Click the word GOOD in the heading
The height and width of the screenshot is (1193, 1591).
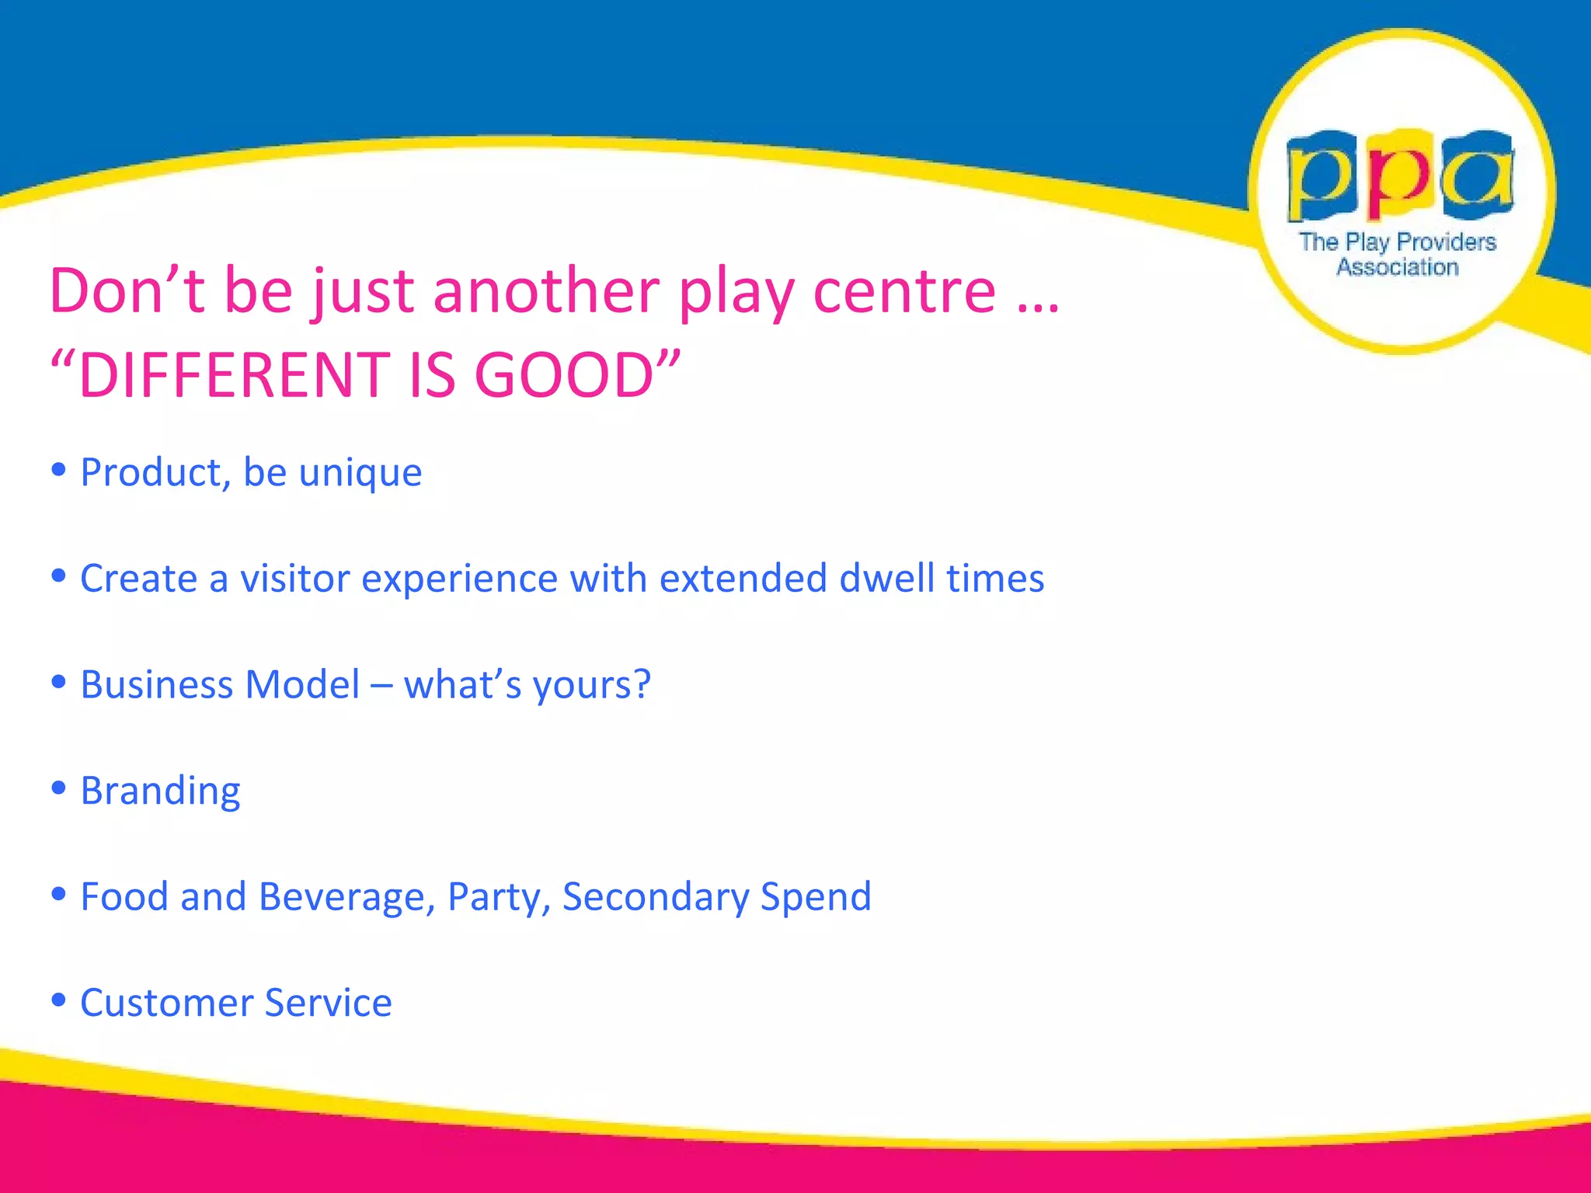pyautogui.click(x=565, y=375)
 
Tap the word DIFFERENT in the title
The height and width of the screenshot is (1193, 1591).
pyautogui.click(x=234, y=375)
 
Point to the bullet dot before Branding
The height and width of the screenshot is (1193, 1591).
pyautogui.click(x=58, y=788)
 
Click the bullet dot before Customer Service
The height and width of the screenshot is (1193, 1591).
pyautogui.click(x=58, y=1000)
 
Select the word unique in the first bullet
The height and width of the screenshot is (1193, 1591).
pyautogui.click(x=360, y=473)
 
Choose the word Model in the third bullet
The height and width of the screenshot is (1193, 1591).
pyautogui.click(x=302, y=685)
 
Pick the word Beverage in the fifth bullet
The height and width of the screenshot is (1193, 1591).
pyautogui.click(x=346, y=898)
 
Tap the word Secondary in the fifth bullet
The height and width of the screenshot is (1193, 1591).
pyautogui.click(x=655, y=898)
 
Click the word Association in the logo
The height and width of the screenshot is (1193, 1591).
pyautogui.click(x=1397, y=267)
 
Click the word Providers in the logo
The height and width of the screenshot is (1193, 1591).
pyautogui.click(x=1446, y=242)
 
